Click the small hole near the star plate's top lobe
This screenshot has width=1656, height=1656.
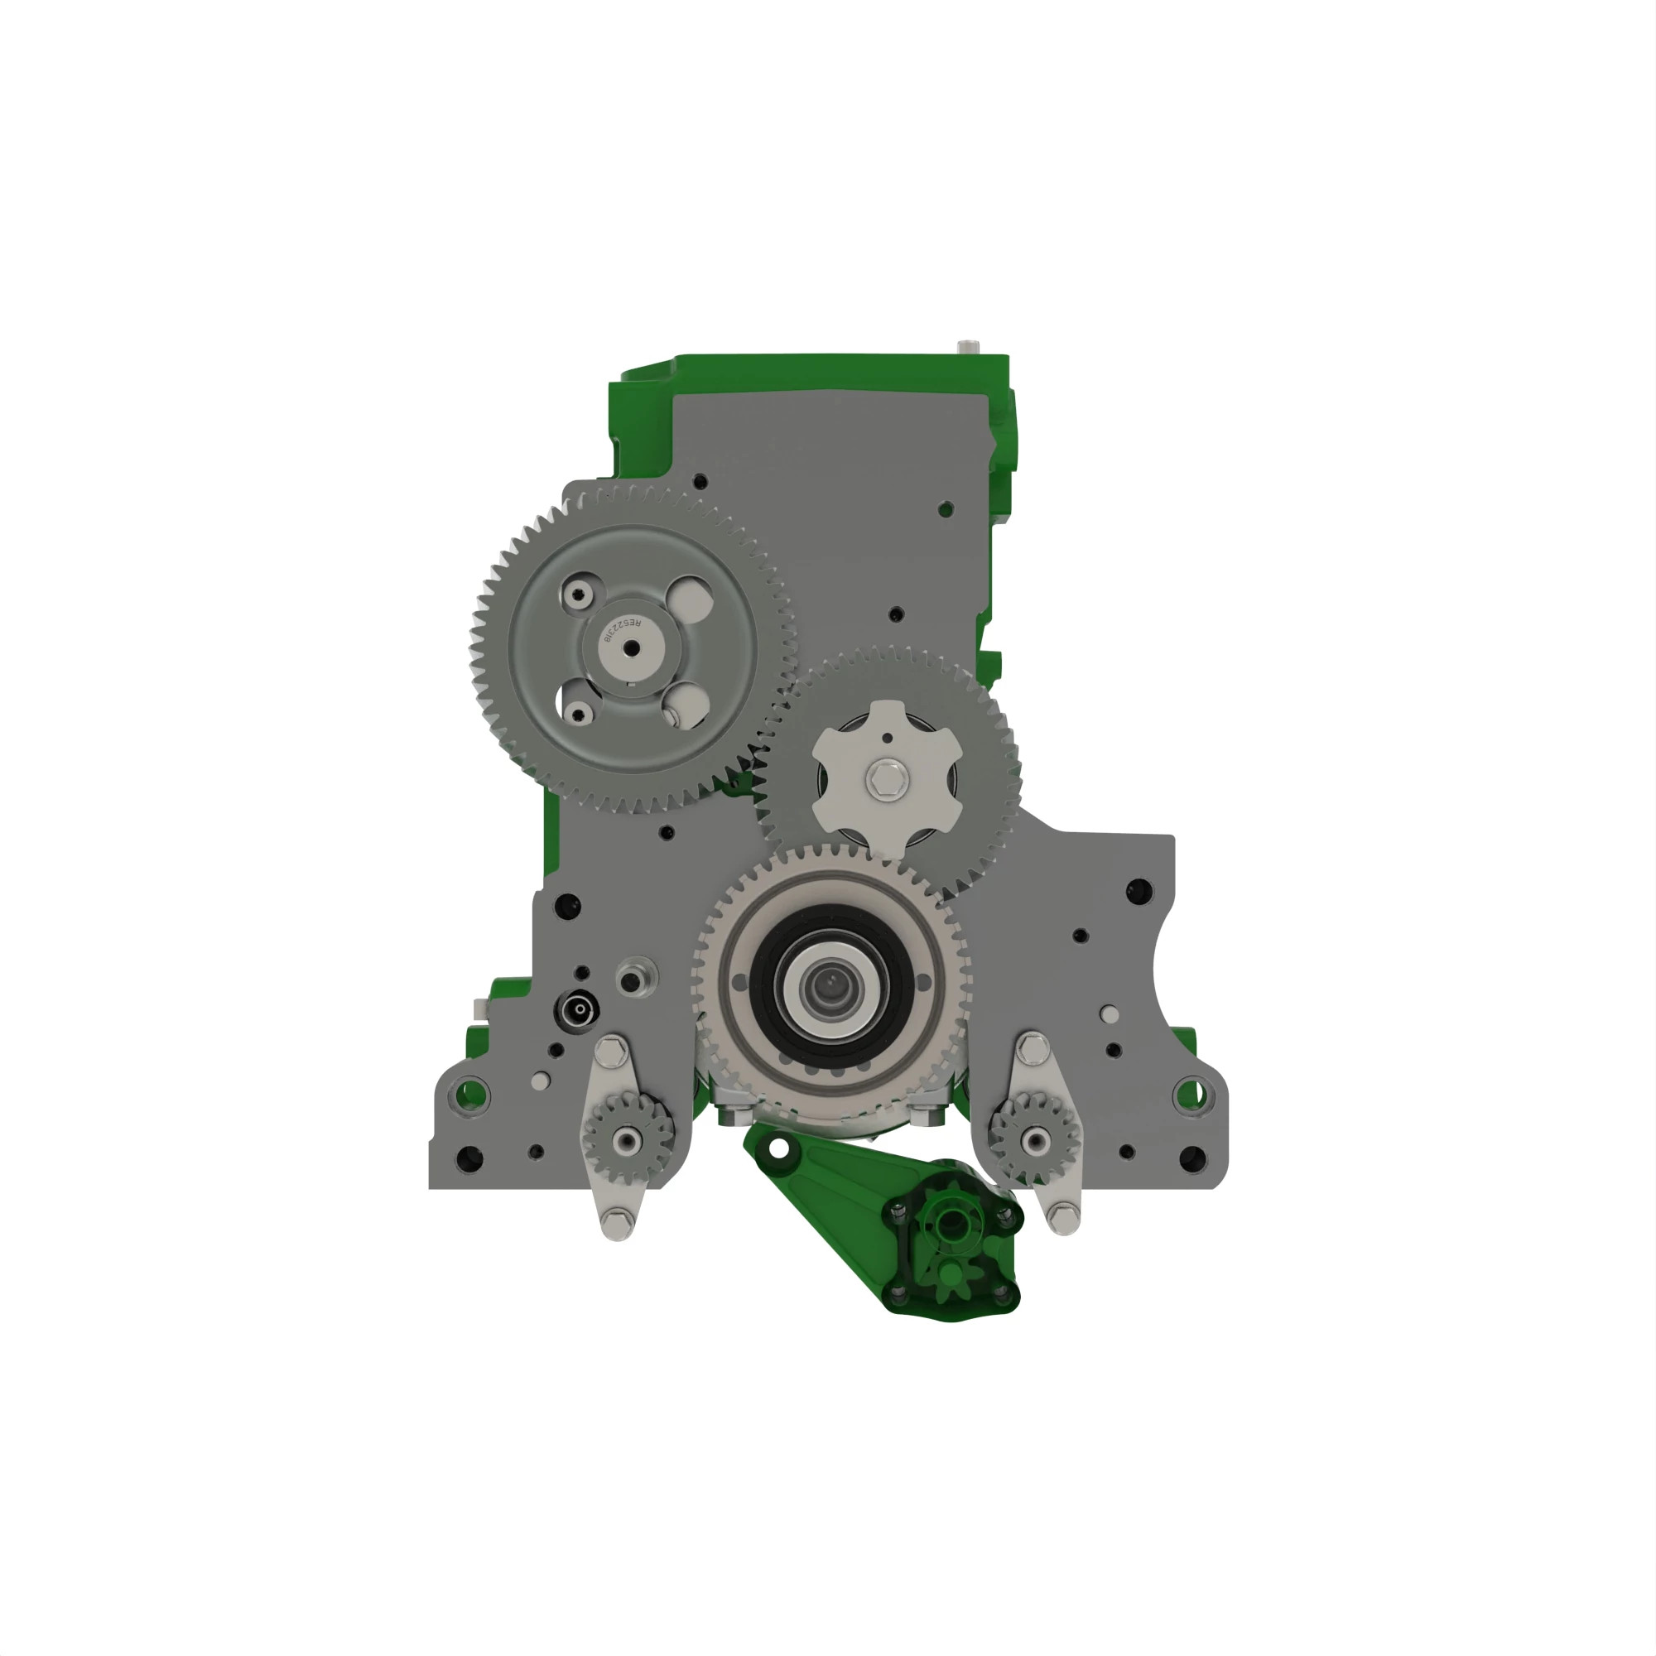coord(888,737)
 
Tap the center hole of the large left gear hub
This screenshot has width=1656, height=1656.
coord(632,649)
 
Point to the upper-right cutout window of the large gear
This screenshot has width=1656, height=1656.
coord(690,599)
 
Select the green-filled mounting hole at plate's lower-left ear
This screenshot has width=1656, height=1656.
coord(469,1094)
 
